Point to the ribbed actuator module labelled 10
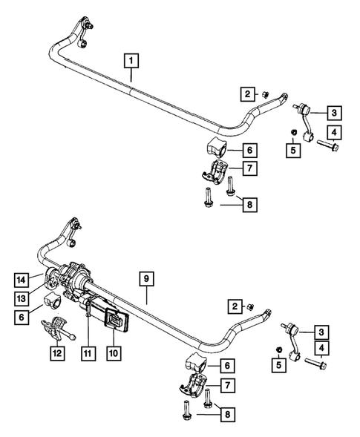(111, 315)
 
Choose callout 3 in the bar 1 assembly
(335, 113)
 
